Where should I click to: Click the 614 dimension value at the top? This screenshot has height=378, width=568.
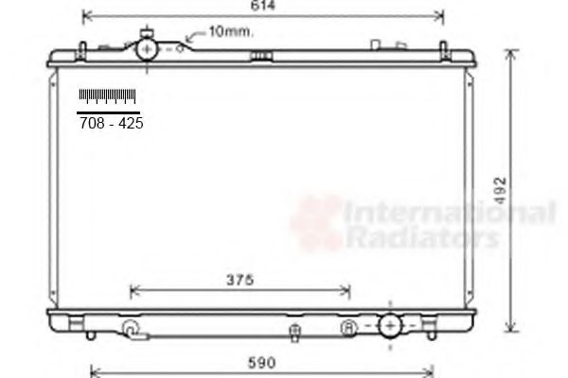click(x=263, y=5)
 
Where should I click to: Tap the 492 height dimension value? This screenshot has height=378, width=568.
click(x=500, y=190)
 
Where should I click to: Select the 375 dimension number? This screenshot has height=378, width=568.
click(x=240, y=280)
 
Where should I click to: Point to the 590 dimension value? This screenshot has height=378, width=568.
click(x=261, y=363)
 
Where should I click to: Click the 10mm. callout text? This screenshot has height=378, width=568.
click(x=231, y=32)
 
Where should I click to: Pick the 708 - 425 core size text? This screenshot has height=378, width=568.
click(x=111, y=124)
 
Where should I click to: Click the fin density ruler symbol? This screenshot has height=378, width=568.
click(x=107, y=96)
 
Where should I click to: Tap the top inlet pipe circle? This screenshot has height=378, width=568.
click(x=147, y=49)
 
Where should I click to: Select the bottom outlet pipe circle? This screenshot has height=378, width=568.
click(x=390, y=326)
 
